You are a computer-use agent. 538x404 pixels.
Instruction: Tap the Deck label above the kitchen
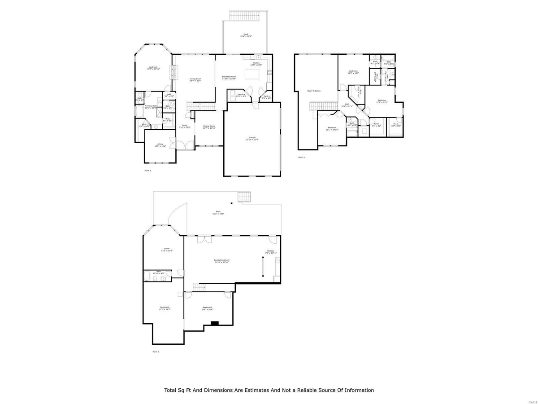(246, 35)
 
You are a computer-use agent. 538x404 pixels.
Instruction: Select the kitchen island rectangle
(253, 74)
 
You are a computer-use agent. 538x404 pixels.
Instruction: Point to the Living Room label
(195, 80)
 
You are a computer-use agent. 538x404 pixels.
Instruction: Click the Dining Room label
(209, 127)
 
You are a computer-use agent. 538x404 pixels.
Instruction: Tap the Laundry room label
(241, 95)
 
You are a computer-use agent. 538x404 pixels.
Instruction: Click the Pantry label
(266, 97)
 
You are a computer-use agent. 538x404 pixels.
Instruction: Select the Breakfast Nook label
(229, 78)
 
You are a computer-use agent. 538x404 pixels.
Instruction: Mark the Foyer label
(184, 127)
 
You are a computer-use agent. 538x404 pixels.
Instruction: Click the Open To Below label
(314, 91)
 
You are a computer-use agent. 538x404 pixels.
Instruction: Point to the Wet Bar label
(271, 252)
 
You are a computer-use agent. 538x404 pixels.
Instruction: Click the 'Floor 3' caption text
(301, 157)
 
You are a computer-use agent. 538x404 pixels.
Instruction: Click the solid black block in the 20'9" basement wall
(215, 323)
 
